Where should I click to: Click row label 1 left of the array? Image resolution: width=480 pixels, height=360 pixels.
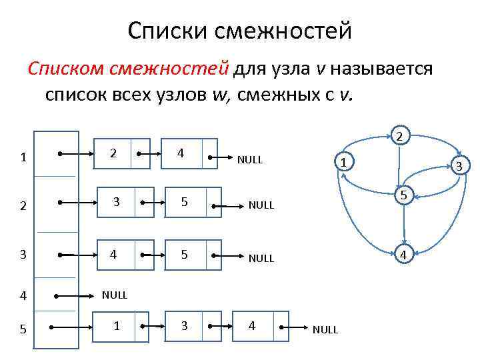point(23,158)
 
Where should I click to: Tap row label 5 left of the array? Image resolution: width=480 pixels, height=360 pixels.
point(23,329)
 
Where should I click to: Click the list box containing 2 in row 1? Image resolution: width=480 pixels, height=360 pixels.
point(114,153)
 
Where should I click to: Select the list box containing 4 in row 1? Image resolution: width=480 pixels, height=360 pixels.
point(181,153)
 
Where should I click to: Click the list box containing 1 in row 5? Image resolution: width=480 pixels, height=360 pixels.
point(118,325)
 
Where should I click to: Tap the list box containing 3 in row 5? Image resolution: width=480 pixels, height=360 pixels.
point(185,325)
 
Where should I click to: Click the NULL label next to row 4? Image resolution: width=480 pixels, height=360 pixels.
point(114,294)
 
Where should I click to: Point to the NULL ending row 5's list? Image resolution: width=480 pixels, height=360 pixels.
point(325,329)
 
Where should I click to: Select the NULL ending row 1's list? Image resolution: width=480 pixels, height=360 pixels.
point(250,160)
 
